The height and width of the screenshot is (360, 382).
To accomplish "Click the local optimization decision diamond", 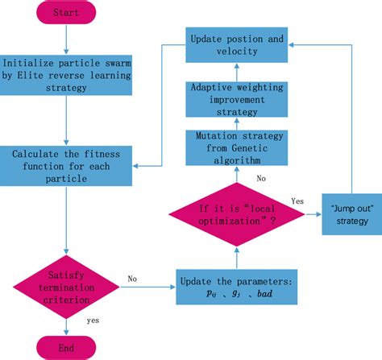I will pyautogui.click(x=237, y=214).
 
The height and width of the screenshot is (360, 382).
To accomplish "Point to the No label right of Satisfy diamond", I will pyautogui.click(x=132, y=279).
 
